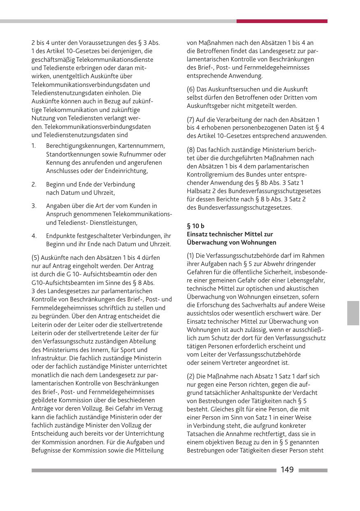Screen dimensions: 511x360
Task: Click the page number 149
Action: point(287,470)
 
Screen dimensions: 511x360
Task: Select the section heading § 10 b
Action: point(195,226)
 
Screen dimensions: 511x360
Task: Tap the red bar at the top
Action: point(282,21)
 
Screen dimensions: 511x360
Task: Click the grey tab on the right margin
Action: point(353,313)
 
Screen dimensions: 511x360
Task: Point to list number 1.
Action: point(34,146)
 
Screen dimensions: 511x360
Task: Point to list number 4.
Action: point(34,236)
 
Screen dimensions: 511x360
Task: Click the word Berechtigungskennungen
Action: point(81,146)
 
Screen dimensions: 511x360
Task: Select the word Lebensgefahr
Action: point(307,280)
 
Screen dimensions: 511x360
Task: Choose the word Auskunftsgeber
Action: point(208,106)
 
